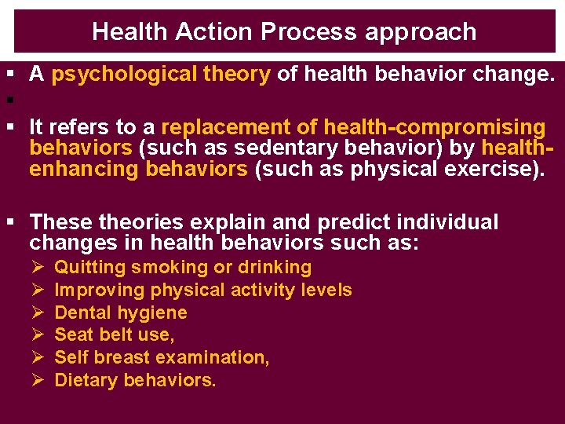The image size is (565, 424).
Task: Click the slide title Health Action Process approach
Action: pos(283,31)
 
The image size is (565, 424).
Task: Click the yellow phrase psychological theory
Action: pos(160,75)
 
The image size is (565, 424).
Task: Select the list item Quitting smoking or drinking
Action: pos(182,268)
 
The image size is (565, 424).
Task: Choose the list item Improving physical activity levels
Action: pos(202,291)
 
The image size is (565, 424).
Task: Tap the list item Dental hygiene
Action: pos(120,313)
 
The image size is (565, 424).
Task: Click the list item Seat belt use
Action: pos(114,335)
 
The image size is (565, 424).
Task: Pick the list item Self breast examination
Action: pos(162,358)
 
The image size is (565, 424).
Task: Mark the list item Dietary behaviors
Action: pos(135,381)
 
